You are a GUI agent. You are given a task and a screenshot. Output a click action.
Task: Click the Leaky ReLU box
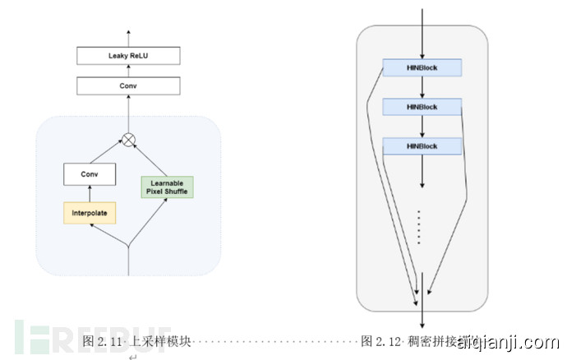128,56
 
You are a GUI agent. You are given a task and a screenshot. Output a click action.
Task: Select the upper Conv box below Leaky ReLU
128,85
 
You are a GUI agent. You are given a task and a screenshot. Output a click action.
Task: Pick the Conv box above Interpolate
89,174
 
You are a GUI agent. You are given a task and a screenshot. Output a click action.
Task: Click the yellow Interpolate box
89,214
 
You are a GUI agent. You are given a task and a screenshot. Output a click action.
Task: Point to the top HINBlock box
422,68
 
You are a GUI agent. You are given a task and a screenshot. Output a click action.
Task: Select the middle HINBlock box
422,107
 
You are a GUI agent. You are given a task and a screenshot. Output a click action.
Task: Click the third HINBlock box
422,146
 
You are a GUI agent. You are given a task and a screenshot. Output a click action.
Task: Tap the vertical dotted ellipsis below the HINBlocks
420,226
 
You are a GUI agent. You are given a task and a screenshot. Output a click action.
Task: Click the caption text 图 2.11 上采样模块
136,339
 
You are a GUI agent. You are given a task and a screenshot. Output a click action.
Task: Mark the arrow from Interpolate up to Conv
89,194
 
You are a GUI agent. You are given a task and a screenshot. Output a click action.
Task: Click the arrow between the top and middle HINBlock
422,88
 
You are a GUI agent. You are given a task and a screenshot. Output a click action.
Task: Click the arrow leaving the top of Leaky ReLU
128,37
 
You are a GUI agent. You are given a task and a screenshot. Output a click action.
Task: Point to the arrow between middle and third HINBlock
422,127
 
